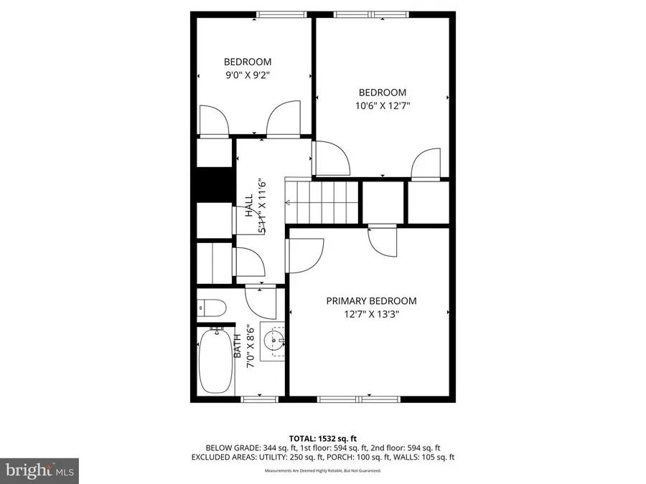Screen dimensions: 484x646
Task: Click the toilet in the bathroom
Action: coord(212,308)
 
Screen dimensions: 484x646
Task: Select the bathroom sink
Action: coord(273,339)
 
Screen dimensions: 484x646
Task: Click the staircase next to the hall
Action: coord(322,202)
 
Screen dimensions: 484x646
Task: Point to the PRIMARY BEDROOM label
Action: coord(371,301)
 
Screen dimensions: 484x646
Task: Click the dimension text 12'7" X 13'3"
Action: coord(371,313)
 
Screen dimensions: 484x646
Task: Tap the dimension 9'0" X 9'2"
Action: coord(247,74)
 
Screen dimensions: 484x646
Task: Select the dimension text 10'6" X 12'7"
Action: coord(382,105)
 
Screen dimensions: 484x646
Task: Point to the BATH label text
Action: coord(238,346)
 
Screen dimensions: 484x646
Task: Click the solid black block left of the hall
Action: coord(212,185)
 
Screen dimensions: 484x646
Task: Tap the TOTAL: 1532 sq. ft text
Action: coord(323,437)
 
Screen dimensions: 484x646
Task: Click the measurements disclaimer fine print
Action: coord(323,471)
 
